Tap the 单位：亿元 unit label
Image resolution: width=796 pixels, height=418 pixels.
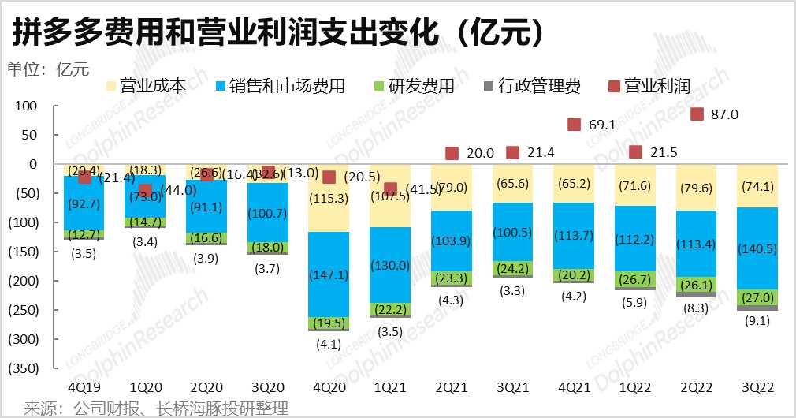[48, 69]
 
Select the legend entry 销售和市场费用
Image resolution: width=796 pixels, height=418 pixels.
[281, 86]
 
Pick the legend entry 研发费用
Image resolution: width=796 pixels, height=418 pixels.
[415, 86]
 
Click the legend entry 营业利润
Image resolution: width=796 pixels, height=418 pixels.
[649, 86]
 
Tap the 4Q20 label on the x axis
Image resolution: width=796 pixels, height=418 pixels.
[329, 387]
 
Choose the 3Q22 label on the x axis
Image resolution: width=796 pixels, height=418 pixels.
[758, 387]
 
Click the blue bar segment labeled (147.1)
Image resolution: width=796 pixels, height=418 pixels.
[329, 274]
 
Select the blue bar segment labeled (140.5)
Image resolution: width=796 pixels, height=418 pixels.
[758, 248]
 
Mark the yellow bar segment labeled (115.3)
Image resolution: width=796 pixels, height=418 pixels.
[329, 198]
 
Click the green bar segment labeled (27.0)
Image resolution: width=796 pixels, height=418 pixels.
[758, 298]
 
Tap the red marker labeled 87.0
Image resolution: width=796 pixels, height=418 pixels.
[697, 114]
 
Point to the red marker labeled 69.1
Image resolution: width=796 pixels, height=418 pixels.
[575, 125]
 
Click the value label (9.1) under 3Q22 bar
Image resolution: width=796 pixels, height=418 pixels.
[758, 322]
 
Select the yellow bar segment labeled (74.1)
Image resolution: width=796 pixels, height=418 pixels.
[758, 186]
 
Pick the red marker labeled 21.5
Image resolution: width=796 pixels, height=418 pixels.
[636, 152]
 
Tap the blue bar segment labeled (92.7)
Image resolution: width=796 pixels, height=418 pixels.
[84, 203]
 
